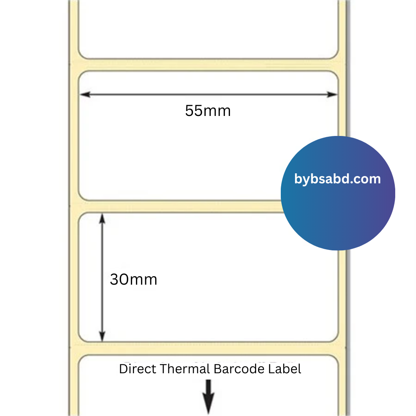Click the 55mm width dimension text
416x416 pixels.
pos(208,111)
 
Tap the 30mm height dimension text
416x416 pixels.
pos(133,279)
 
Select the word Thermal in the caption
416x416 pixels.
pos(185,369)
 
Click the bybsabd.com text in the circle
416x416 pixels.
pos(337,179)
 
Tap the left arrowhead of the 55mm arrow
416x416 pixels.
pos(85,94)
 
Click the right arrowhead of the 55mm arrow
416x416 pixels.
pos(332,94)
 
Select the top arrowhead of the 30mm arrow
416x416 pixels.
pos(102,219)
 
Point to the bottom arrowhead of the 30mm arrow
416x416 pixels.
pos(102,336)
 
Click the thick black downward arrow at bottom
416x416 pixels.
pos(208,397)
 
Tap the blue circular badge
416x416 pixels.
pos(338,193)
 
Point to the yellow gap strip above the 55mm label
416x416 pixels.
pos(208,65)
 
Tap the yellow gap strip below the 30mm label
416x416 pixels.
pos(208,348)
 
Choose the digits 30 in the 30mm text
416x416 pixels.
pos(119,279)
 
